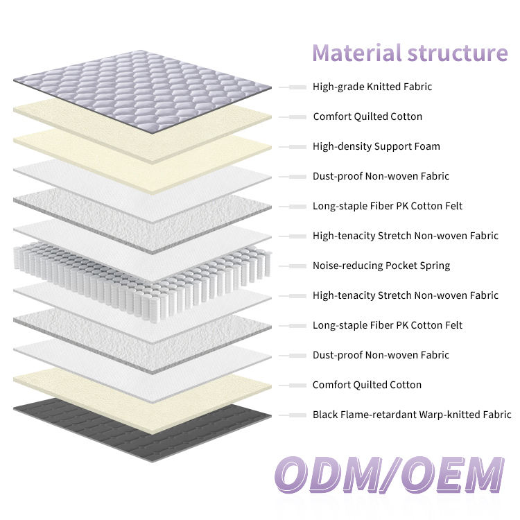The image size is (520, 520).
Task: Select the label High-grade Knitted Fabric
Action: tap(372, 87)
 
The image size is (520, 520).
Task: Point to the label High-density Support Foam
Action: tap(376, 146)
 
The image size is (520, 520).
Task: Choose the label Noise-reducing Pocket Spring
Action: tap(381, 266)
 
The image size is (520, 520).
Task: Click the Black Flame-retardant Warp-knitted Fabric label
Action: tap(412, 415)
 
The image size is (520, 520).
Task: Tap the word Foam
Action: tap(426, 146)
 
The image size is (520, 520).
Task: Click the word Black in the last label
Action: tap(325, 415)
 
